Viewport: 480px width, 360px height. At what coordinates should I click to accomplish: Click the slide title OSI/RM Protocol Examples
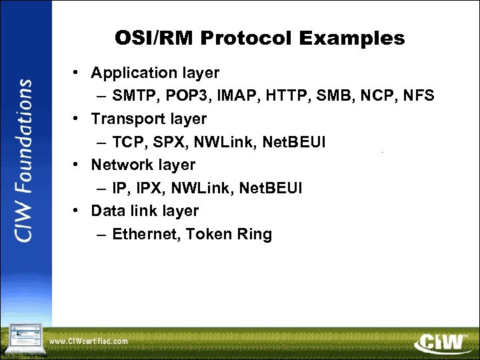tap(259, 38)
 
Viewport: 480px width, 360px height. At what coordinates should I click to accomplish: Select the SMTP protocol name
tap(132, 96)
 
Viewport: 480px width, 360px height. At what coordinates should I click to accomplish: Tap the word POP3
tap(181, 96)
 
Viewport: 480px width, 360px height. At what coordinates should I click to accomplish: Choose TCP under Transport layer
tap(126, 142)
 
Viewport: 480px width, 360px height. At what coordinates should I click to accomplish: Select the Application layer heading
tap(155, 73)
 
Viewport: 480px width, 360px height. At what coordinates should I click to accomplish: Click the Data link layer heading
tap(145, 211)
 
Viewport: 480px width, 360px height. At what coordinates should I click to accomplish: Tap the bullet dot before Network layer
tap(78, 165)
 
